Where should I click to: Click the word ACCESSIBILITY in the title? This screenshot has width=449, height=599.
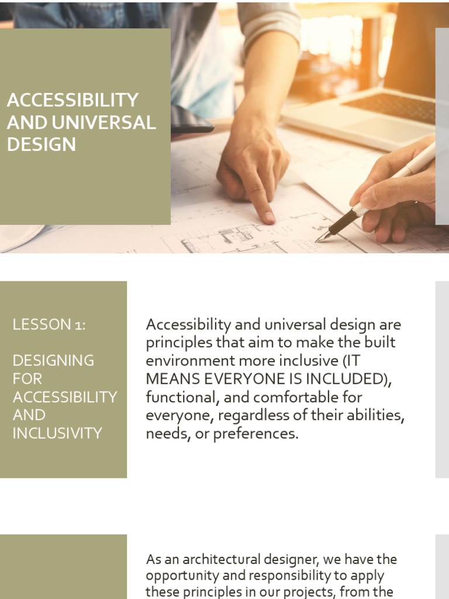point(72,100)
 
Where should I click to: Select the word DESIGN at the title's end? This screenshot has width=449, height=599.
point(42,144)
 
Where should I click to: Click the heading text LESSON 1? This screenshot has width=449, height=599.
point(49,325)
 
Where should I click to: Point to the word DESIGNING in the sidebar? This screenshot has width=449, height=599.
point(53,360)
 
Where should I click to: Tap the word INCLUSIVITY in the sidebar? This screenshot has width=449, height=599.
point(57,433)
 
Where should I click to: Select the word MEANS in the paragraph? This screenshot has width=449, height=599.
point(171,379)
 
